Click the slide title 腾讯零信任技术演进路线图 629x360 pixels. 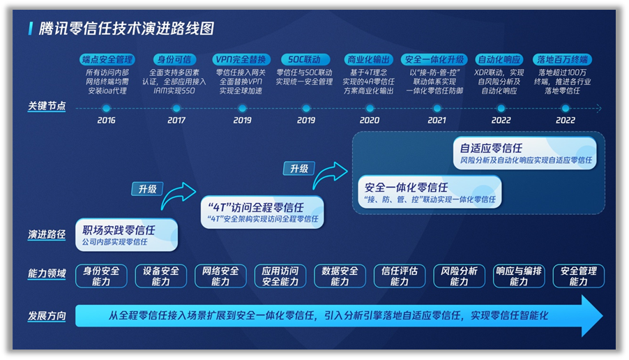pos(126,29)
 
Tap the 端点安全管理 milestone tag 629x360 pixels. pos(107,60)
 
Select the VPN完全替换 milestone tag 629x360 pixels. pos(241,60)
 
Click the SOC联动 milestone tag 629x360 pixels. pos(305,60)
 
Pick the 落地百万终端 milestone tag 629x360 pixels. pos(563,60)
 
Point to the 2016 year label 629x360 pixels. pos(106,120)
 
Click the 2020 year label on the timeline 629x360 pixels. pos(370,120)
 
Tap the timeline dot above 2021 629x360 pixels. pos(437,108)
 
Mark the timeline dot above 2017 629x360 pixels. pos(176,108)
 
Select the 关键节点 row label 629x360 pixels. pos(47,106)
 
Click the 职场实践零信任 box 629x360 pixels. pos(126,235)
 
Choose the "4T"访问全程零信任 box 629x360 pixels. pos(262,212)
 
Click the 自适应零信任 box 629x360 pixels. pos(525,153)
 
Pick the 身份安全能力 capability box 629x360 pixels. pos(101,276)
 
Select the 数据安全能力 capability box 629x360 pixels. pos(340,276)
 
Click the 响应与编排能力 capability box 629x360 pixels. pos(519,276)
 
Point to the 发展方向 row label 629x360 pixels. pos(47,316)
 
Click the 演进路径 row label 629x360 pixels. pos(47,234)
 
